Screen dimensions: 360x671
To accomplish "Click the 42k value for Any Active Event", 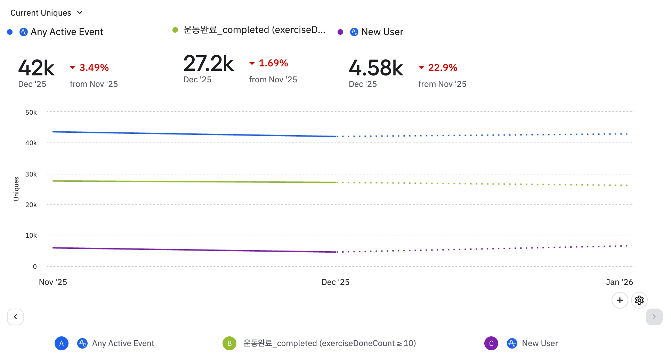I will pyautogui.click(x=36, y=68).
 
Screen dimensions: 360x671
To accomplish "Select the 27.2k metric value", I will pyautogui.click(x=208, y=64).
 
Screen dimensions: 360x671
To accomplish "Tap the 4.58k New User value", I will pyautogui.click(x=375, y=68).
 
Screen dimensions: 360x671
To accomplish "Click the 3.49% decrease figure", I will pyautogui.click(x=94, y=67).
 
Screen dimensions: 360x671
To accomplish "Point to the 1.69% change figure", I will pyautogui.click(x=273, y=63).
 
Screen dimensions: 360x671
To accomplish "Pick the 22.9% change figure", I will pyautogui.click(x=442, y=67).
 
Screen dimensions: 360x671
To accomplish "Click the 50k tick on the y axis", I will pyautogui.click(x=31, y=112).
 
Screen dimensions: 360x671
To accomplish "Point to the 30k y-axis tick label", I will pyautogui.click(x=31, y=174).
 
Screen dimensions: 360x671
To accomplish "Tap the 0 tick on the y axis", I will pyautogui.click(x=35, y=267).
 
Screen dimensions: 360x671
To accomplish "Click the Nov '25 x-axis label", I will pyautogui.click(x=53, y=282).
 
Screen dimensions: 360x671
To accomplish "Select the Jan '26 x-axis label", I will pyautogui.click(x=619, y=282).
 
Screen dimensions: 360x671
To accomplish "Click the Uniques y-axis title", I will pyautogui.click(x=16, y=189).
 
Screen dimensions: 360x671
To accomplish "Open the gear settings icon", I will pyautogui.click(x=639, y=300).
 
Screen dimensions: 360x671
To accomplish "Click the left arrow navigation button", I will pyautogui.click(x=15, y=317).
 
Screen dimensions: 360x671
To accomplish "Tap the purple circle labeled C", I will pyautogui.click(x=491, y=343).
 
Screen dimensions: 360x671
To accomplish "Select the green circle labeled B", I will pyautogui.click(x=229, y=343).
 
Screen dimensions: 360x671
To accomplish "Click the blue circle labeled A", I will pyautogui.click(x=62, y=343).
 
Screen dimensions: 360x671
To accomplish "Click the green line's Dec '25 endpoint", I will pyautogui.click(x=336, y=182).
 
